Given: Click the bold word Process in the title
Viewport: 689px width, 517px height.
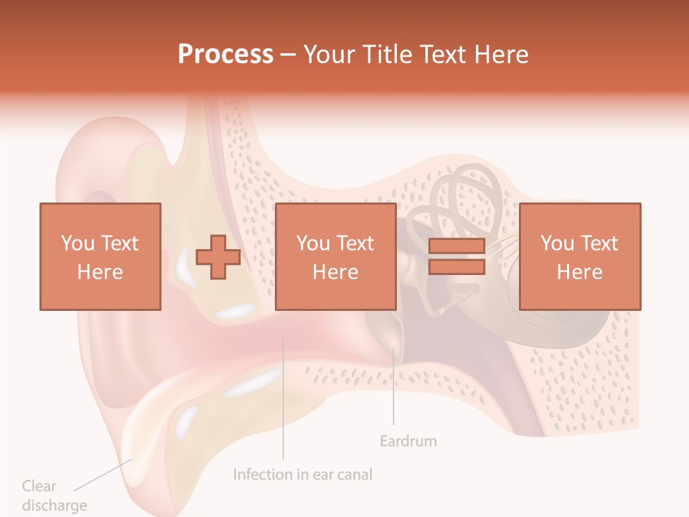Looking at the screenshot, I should click(x=225, y=54).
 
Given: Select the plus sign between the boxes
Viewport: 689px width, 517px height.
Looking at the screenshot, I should click(x=218, y=257).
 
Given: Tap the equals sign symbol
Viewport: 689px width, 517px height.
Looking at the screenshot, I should click(x=456, y=256).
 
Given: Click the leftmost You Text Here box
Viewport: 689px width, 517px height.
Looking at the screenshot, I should click(x=100, y=256).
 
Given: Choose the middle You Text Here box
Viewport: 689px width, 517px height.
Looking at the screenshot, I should click(x=335, y=256).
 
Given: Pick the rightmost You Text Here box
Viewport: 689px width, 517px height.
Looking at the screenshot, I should click(x=579, y=256).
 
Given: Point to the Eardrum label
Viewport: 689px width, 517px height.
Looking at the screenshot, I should click(x=408, y=440).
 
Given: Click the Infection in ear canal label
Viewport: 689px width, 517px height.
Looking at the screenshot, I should click(x=303, y=474).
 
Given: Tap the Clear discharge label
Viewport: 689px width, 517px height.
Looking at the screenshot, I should click(x=54, y=495).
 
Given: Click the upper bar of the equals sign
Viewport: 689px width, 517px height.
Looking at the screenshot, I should click(x=456, y=246).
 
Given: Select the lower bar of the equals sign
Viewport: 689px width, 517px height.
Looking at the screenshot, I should click(x=456, y=267).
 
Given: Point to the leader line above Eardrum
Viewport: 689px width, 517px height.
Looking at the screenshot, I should click(x=393, y=388).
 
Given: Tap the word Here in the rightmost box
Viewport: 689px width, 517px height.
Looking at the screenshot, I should click(x=579, y=271).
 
